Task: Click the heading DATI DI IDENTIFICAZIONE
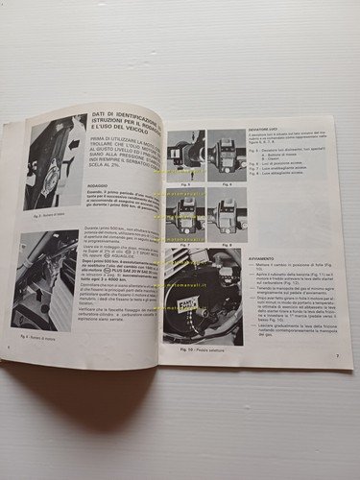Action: tap(122, 121)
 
